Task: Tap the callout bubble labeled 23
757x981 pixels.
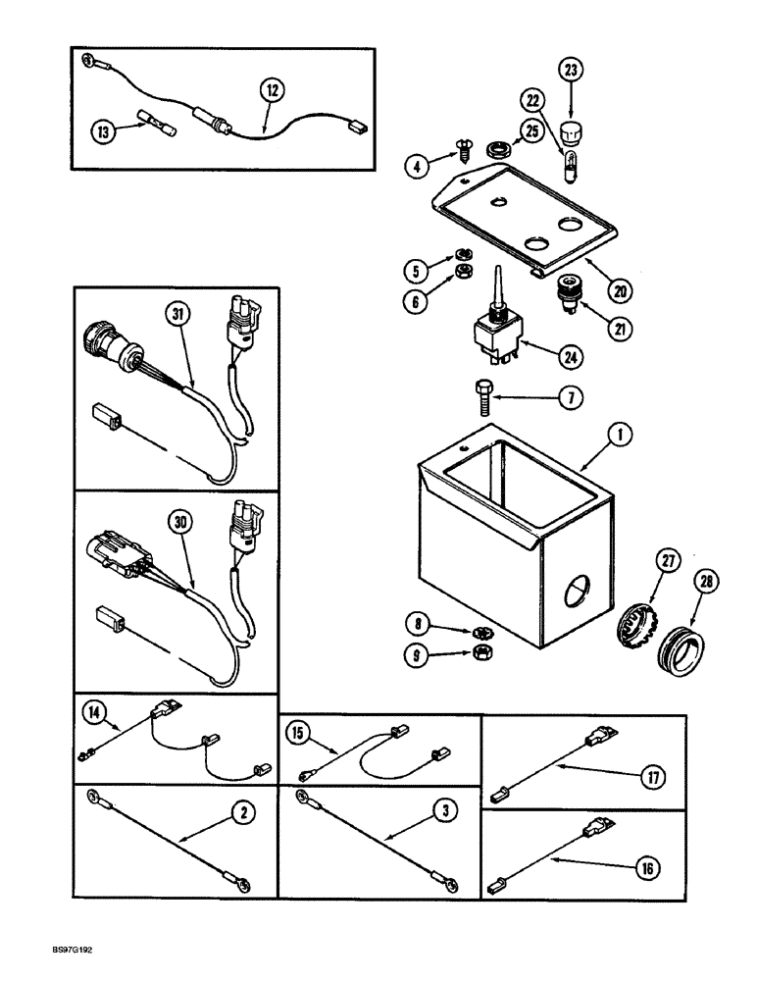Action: pos(571,70)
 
